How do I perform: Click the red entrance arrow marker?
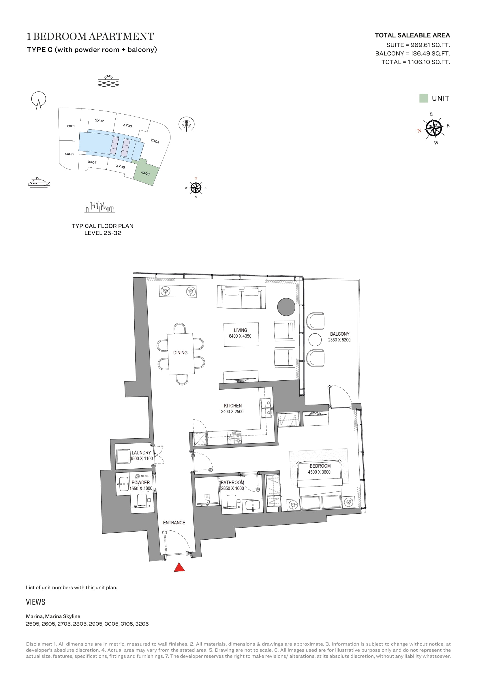pyautogui.click(x=179, y=567)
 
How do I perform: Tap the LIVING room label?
pyautogui.click(x=240, y=330)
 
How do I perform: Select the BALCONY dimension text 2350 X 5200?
pyautogui.click(x=339, y=340)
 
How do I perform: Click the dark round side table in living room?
pyautogui.click(x=286, y=307)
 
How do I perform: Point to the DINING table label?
pyautogui.click(x=180, y=352)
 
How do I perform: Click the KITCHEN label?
pyautogui.click(x=233, y=406)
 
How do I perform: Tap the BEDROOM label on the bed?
pyautogui.click(x=320, y=466)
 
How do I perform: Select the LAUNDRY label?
pyautogui.click(x=141, y=453)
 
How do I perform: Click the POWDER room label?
pyautogui.click(x=141, y=483)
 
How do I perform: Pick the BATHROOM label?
pyautogui.click(x=232, y=483)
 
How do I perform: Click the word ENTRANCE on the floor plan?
pyautogui.click(x=174, y=522)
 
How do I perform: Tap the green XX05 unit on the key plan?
pyautogui.click(x=146, y=172)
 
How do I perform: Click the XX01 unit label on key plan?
pyautogui.click(x=71, y=126)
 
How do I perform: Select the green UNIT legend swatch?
pyautogui.click(x=424, y=98)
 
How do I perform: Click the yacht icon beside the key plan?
pyautogui.click(x=39, y=183)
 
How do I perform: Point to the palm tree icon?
pyautogui.click(x=187, y=124)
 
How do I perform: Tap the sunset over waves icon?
pyautogui.click(x=108, y=81)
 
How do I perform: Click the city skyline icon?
pyautogui.click(x=100, y=207)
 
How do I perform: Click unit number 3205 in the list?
pyautogui.click(x=142, y=624)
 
